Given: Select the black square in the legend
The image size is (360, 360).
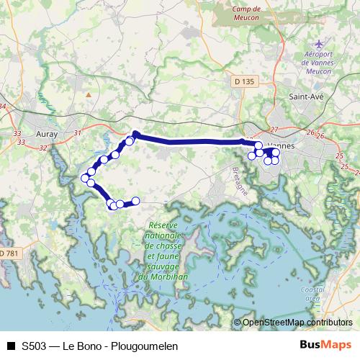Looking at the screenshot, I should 10,346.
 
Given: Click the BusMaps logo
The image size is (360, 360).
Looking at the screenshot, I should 325,346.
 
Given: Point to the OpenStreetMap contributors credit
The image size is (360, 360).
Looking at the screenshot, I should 297,323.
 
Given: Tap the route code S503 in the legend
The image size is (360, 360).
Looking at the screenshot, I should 35,346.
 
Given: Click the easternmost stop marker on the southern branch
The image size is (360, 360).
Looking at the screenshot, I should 135,201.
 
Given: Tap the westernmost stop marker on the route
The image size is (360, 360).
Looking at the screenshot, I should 85,178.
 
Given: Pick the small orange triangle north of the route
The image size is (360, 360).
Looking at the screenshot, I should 89,94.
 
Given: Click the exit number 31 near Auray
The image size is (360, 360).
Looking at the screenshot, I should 78,132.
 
